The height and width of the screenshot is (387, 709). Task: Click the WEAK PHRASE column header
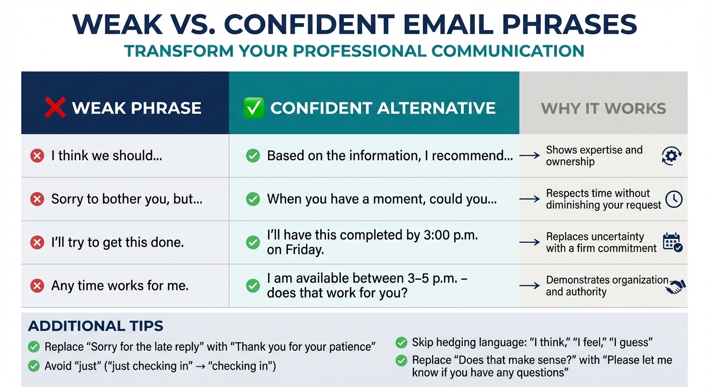pyautogui.click(x=136, y=108)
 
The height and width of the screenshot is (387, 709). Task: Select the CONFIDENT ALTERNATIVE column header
pyautogui.click(x=383, y=108)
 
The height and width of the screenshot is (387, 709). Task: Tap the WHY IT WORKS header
pyautogui.click(x=603, y=108)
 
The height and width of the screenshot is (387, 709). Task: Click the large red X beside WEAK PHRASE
pyautogui.click(x=55, y=107)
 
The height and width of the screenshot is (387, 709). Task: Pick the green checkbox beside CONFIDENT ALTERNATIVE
pyautogui.click(x=254, y=108)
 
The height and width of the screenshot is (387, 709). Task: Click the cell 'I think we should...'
pyautogui.click(x=106, y=156)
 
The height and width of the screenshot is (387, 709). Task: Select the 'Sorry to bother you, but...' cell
pyautogui.click(x=126, y=199)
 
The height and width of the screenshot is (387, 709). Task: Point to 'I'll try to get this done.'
pyautogui.click(x=117, y=242)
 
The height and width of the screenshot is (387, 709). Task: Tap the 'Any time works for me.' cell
pyautogui.click(x=120, y=286)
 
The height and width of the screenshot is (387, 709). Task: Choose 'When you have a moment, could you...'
pyautogui.click(x=382, y=199)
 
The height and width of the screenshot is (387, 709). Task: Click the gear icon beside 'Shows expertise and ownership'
pyautogui.click(x=672, y=156)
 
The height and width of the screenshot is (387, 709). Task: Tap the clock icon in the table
pyautogui.click(x=674, y=200)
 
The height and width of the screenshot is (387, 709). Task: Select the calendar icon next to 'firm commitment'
pyautogui.click(x=673, y=242)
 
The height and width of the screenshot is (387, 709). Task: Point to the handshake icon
pyautogui.click(x=675, y=287)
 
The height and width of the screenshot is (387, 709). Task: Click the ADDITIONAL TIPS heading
pyautogui.click(x=96, y=326)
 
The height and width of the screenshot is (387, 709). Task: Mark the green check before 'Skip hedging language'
pyautogui.click(x=401, y=343)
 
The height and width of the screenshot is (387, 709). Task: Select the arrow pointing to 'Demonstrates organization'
pyautogui.click(x=529, y=286)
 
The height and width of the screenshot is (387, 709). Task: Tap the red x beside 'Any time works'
pyautogui.click(x=37, y=286)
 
